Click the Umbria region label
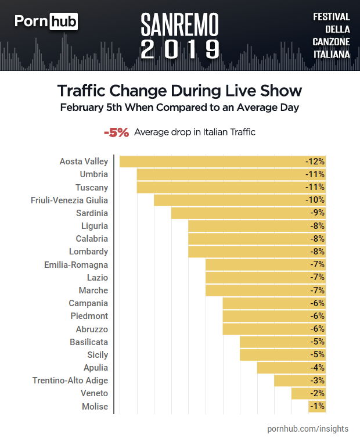[93, 174]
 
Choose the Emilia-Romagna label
[76, 265]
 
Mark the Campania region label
[88, 303]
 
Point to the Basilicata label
[89, 342]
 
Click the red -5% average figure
[116, 132]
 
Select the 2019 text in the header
[180, 49]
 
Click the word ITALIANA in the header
[331, 54]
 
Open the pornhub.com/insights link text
[308, 429]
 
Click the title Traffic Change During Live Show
[179, 91]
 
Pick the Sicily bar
[282, 355]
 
